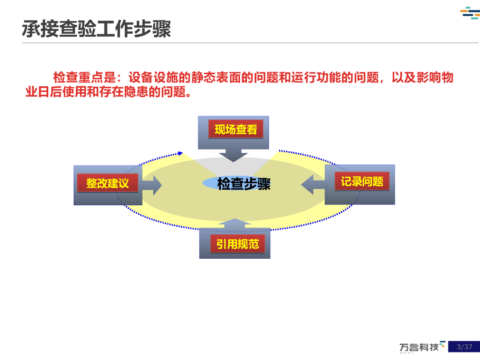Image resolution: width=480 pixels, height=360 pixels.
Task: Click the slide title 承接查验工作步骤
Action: pos(96,29)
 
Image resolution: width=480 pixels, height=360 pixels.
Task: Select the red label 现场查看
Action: pos(236,129)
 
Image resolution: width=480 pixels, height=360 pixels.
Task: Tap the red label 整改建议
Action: pos(107,183)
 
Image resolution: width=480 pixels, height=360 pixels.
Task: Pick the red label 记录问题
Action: pos(362,181)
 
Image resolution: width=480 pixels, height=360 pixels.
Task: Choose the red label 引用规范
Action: pos(237,244)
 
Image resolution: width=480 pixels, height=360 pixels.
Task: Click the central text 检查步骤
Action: pos(244,184)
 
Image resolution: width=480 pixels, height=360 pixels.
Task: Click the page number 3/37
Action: pos(464,347)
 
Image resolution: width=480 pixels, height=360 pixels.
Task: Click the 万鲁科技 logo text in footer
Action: pos(419,347)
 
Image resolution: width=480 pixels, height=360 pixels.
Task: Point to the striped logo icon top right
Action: pos(470,13)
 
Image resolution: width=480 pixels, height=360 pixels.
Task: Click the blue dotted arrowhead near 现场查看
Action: pos(180,153)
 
